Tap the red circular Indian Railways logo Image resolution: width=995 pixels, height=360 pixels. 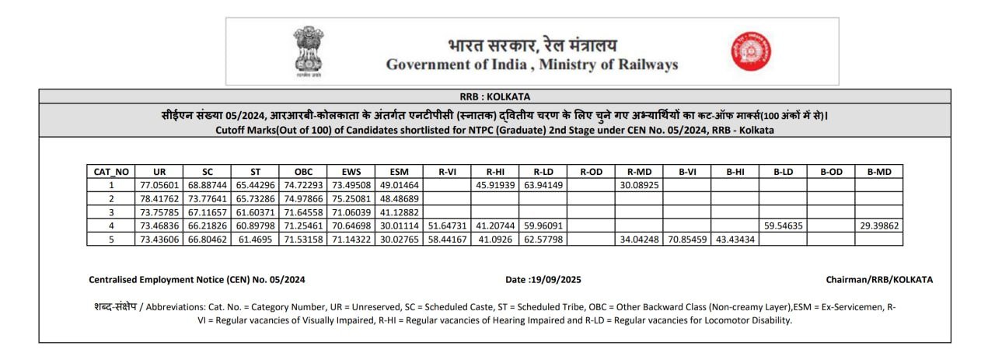coord(750,51)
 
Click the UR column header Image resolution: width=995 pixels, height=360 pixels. coord(159,172)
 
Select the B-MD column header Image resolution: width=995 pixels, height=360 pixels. coord(878,172)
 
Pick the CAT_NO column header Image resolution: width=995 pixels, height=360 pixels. coord(111,172)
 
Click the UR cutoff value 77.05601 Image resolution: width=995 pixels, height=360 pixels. coord(159,185)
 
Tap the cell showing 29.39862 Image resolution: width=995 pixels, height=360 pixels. coord(878,225)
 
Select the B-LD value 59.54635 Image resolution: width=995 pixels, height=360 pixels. coord(783,225)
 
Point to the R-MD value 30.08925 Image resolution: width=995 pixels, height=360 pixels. coord(639,185)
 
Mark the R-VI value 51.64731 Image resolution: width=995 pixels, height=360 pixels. coord(447,225)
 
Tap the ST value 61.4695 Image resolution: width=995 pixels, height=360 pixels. coord(255,239)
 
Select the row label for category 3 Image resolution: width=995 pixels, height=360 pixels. coord(111,212)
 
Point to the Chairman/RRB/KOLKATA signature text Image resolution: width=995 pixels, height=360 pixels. coord(878,279)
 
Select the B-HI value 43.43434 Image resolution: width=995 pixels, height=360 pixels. coord(735,239)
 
